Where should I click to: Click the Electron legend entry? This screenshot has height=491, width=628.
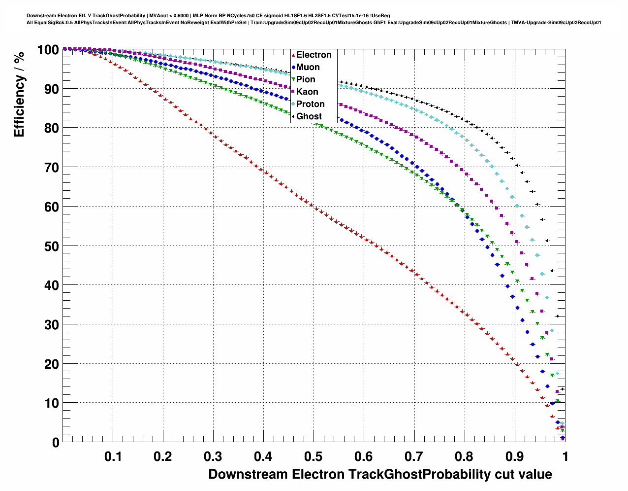[x=314, y=55]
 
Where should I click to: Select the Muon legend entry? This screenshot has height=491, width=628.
[x=308, y=67]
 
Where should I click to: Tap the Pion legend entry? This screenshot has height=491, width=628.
[x=306, y=79]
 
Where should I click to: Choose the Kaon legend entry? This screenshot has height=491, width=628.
[x=307, y=92]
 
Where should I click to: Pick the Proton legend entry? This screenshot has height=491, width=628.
[x=310, y=104]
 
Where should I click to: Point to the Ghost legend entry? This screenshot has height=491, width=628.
[x=309, y=116]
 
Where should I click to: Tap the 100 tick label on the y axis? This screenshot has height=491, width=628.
[x=48, y=49]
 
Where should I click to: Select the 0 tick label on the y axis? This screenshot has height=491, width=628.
[x=55, y=443]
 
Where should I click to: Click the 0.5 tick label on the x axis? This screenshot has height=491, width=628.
[x=314, y=456]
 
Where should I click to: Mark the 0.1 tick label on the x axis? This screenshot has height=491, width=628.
[x=113, y=456]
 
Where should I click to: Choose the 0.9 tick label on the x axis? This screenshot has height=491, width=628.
[x=514, y=456]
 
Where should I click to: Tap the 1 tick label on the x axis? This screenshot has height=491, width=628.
[x=565, y=456]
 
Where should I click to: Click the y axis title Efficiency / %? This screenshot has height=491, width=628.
[x=19, y=94]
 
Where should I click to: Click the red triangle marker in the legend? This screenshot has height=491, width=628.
[x=293, y=55]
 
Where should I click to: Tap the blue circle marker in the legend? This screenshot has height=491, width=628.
[x=293, y=67]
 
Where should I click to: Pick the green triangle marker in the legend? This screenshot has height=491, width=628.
[x=293, y=79]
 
